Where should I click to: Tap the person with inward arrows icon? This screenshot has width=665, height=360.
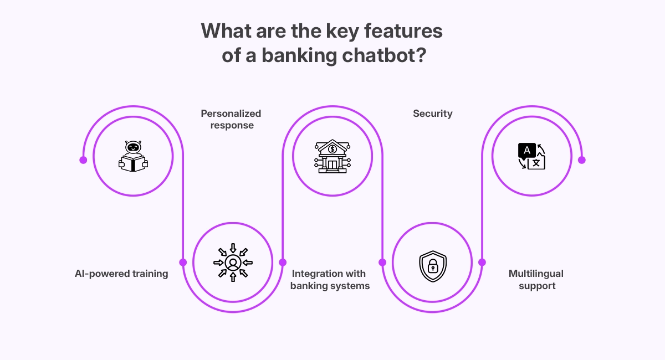233,261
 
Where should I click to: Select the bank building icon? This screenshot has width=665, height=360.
332,156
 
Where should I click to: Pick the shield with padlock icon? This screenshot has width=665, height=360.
432,266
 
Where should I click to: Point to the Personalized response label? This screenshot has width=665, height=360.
231,119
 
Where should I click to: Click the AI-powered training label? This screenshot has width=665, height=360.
121,274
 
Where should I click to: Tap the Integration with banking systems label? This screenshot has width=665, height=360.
330,280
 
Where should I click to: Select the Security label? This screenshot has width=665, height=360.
432,114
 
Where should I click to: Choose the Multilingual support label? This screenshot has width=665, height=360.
536,280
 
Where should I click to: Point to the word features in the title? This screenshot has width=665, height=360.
398,31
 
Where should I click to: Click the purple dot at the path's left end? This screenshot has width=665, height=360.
83,160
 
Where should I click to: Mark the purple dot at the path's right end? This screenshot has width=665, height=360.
582,160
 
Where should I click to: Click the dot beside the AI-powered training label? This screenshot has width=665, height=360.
183,262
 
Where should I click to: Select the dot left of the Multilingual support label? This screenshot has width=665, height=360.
482,262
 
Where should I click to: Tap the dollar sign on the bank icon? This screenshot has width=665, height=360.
332,148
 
